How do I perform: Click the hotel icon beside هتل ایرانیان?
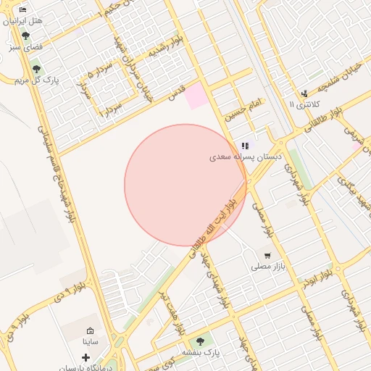[x=22, y=10]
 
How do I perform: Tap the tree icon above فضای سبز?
[x=25, y=35]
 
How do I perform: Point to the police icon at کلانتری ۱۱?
[x=304, y=93]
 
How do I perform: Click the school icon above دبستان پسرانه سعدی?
[x=246, y=146]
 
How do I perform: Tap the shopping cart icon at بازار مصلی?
[x=267, y=256]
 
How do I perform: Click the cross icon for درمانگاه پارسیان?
[x=86, y=357]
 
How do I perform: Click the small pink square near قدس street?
[x=195, y=96]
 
